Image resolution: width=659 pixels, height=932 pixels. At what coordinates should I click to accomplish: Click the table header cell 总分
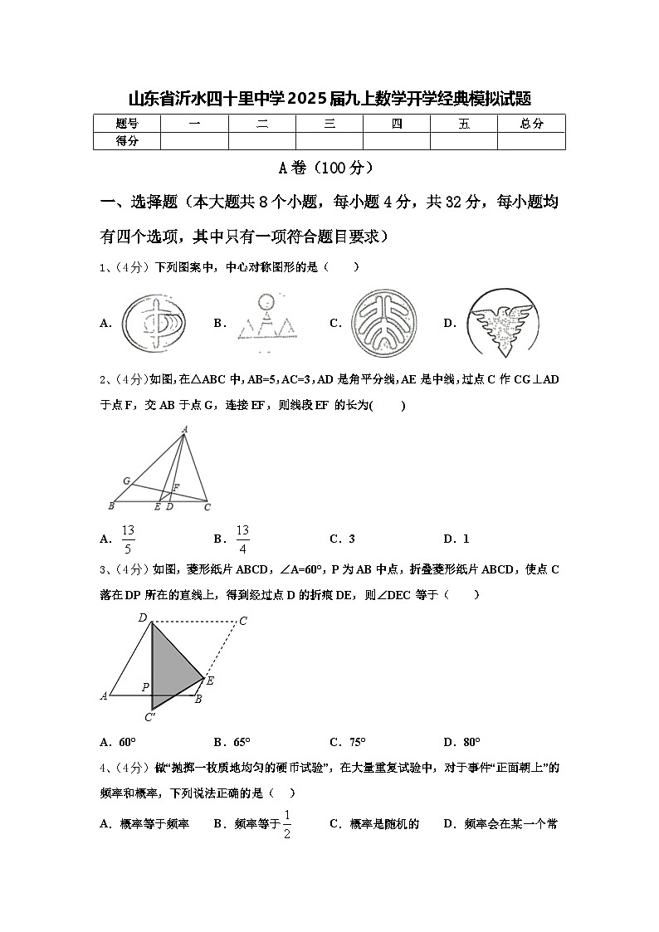click(x=531, y=124)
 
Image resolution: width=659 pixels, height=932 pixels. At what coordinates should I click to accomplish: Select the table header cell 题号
click(x=127, y=124)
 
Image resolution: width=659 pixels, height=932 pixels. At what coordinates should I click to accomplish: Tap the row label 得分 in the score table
click(x=127, y=141)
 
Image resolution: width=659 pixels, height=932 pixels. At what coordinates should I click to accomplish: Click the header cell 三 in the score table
click(x=329, y=124)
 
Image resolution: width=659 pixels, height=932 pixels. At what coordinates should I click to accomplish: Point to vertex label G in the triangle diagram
click(x=126, y=481)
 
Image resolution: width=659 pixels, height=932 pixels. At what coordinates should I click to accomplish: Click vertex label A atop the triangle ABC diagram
click(x=184, y=429)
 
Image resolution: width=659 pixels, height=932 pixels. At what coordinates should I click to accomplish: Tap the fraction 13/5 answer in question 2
click(x=128, y=539)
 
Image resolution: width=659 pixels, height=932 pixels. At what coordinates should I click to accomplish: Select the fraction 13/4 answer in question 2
click(x=242, y=539)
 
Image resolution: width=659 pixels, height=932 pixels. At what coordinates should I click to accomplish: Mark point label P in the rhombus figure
click(x=145, y=687)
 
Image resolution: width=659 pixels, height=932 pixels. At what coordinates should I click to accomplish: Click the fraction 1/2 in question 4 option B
click(x=287, y=824)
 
